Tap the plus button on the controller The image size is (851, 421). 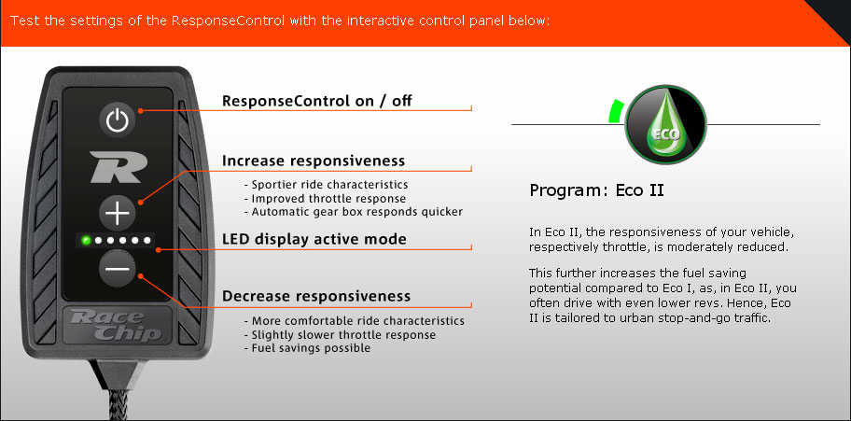pyautogui.click(x=118, y=214)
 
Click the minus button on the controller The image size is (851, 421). pyautogui.click(x=118, y=269)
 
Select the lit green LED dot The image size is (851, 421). pyautogui.click(x=86, y=240)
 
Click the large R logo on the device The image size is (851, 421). pyautogui.click(x=118, y=167)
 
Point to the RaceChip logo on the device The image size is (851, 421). pyautogui.click(x=118, y=326)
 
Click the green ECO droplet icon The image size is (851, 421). pyautogui.click(x=666, y=125)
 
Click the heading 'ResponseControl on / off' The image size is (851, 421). pyautogui.click(x=317, y=102)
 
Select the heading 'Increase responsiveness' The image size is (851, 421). pyautogui.click(x=314, y=161)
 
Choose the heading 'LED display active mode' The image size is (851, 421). pyautogui.click(x=314, y=239)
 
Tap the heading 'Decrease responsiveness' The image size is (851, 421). pyautogui.click(x=316, y=296)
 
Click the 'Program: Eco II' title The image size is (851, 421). pyautogui.click(x=596, y=190)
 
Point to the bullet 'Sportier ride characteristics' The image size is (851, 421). pyautogui.click(x=327, y=185)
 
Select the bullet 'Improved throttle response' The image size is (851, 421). pyautogui.click(x=325, y=198)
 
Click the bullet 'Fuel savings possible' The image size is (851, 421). pyautogui.click(x=307, y=347)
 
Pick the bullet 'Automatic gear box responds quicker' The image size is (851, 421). pyautogui.click(x=354, y=212)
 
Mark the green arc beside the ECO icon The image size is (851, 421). pyautogui.click(x=615, y=111)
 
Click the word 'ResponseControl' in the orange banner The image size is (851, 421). pyautogui.click(x=228, y=21)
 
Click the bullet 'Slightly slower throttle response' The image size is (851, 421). pyautogui.click(x=340, y=334)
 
